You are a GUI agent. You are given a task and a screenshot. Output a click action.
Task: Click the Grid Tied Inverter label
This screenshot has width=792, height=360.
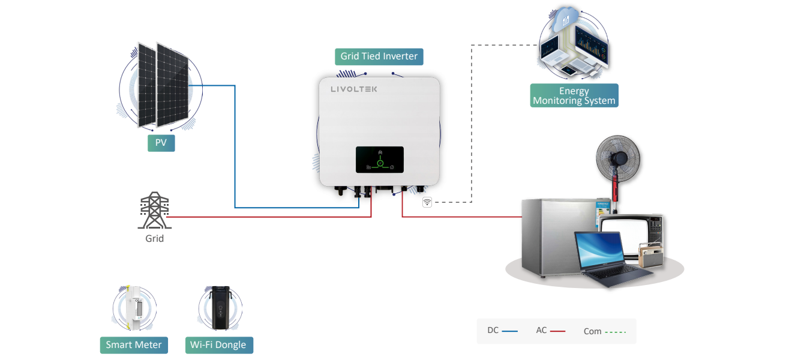pos(379,56)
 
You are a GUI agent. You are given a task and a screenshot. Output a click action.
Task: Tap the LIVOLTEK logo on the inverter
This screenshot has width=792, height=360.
pos(354,89)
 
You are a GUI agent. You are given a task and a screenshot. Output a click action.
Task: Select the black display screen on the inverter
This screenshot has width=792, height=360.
pos(379,160)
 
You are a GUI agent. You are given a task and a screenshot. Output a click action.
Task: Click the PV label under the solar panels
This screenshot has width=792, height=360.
pos(161,143)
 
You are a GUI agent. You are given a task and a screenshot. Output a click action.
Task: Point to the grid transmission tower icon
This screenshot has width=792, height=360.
pos(154,211)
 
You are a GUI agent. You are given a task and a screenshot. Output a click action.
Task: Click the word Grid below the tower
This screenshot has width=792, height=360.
pos(154,238)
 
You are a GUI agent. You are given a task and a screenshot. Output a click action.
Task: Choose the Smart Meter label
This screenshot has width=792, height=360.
pos(134,345)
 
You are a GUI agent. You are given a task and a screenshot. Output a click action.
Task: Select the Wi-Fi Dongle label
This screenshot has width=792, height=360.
pos(218,345)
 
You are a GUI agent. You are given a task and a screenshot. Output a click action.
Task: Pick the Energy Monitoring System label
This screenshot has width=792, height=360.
pos(574,96)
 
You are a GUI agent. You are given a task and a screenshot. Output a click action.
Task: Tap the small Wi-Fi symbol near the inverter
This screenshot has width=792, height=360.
pos(427,202)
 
